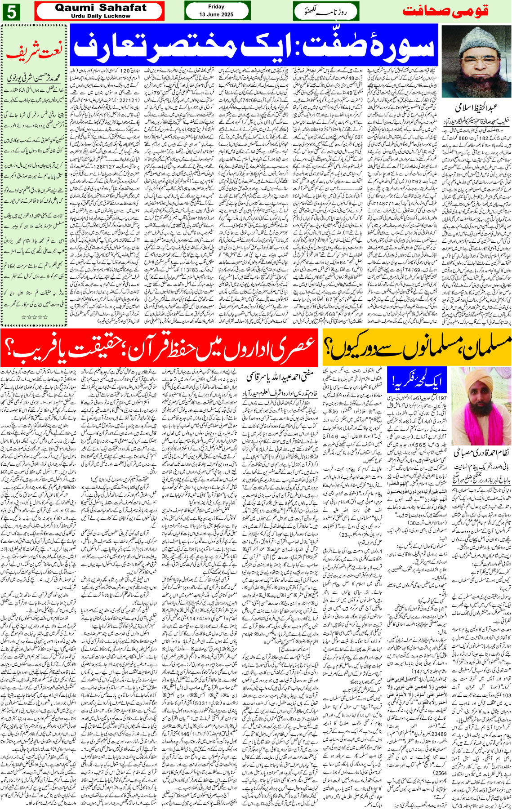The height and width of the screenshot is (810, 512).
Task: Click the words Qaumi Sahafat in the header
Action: point(100,8)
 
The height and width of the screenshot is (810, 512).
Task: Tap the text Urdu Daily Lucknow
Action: point(100,16)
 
